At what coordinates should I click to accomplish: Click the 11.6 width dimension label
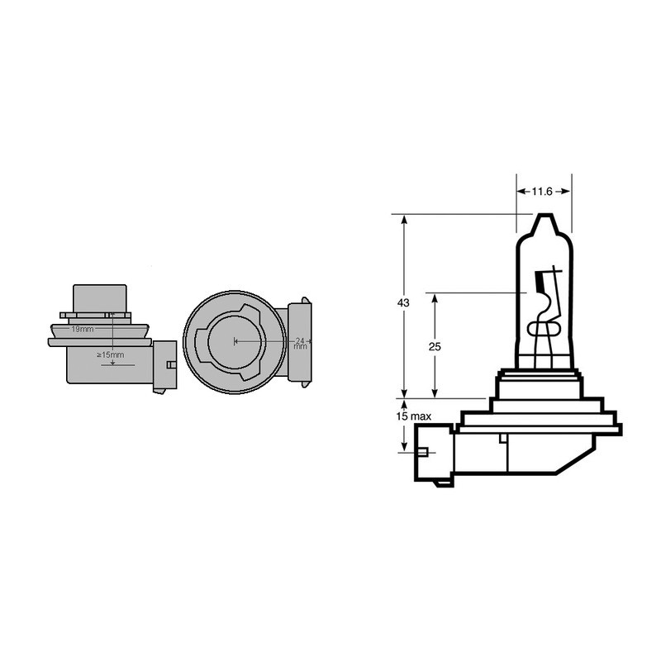pos(541,192)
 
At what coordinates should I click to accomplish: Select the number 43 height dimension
pos(403,304)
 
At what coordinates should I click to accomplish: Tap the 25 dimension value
pos(435,346)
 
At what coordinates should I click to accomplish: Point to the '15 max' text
pos(414,416)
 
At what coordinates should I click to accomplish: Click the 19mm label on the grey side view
pos(81,329)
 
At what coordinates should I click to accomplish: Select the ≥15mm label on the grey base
pos(110,354)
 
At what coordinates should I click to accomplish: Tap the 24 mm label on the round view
pos(300,342)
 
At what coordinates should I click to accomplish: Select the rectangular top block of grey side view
pos(100,299)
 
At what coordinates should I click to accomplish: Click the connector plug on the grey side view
pos(165,364)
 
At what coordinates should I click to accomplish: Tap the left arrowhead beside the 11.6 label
pos(521,192)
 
